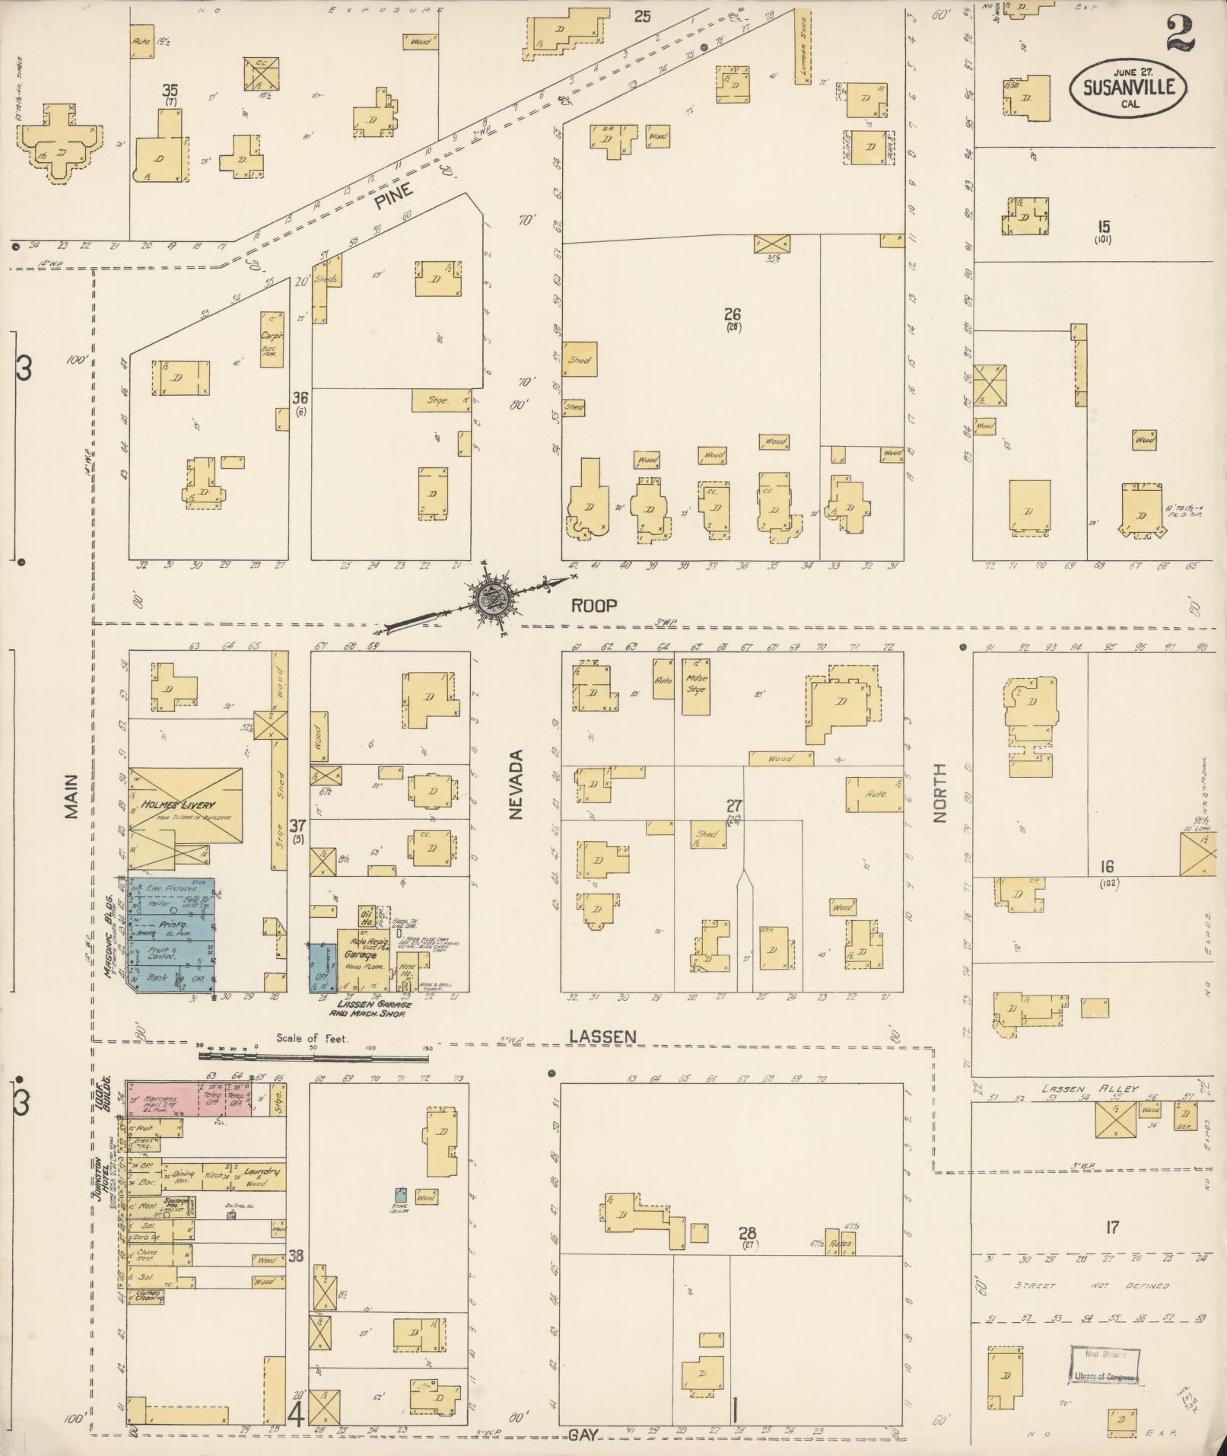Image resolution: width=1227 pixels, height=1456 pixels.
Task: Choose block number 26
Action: point(733,314)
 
